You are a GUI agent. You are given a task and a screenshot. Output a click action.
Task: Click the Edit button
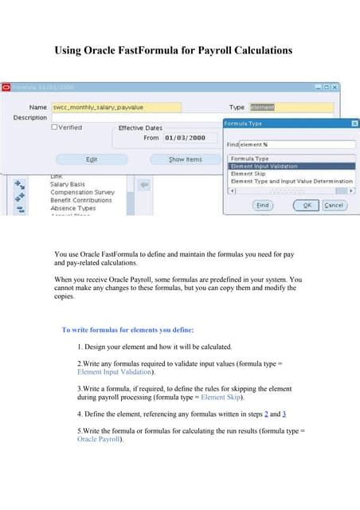(x=92, y=159)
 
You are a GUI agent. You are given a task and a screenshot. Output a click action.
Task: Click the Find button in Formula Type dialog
(x=262, y=205)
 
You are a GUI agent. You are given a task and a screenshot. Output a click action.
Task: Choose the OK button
(x=305, y=205)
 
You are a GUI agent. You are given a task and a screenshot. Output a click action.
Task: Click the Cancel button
(x=334, y=205)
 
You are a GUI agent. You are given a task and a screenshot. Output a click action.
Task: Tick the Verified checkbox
(x=54, y=127)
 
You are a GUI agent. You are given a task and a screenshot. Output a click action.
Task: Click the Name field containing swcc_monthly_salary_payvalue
(x=115, y=107)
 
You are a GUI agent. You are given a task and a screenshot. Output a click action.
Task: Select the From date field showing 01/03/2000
(x=185, y=138)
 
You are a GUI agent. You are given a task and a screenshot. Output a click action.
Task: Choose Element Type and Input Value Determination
(x=291, y=182)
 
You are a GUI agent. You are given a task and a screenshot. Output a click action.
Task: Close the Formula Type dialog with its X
(x=354, y=124)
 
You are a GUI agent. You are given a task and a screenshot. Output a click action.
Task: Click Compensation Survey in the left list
(x=82, y=192)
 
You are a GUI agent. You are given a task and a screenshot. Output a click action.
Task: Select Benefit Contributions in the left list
(x=81, y=200)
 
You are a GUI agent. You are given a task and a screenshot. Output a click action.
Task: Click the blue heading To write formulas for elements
(x=127, y=329)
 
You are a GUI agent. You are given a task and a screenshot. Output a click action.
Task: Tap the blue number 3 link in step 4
(x=284, y=414)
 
